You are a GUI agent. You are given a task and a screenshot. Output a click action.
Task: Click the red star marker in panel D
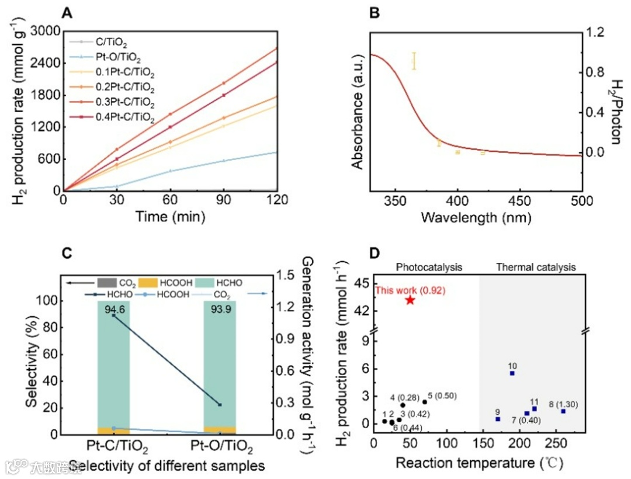[410, 300]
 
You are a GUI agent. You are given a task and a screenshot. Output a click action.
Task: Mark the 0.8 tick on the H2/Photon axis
[597, 72]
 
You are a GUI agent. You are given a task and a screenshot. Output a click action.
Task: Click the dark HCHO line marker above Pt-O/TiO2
[220, 405]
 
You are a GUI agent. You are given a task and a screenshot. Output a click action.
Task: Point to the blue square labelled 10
[512, 373]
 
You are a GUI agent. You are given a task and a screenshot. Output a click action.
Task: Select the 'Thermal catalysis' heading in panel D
[536, 268]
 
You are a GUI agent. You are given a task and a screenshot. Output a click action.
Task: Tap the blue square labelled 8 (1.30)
[563, 411]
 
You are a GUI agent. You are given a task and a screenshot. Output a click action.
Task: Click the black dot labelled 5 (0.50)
[425, 402]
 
